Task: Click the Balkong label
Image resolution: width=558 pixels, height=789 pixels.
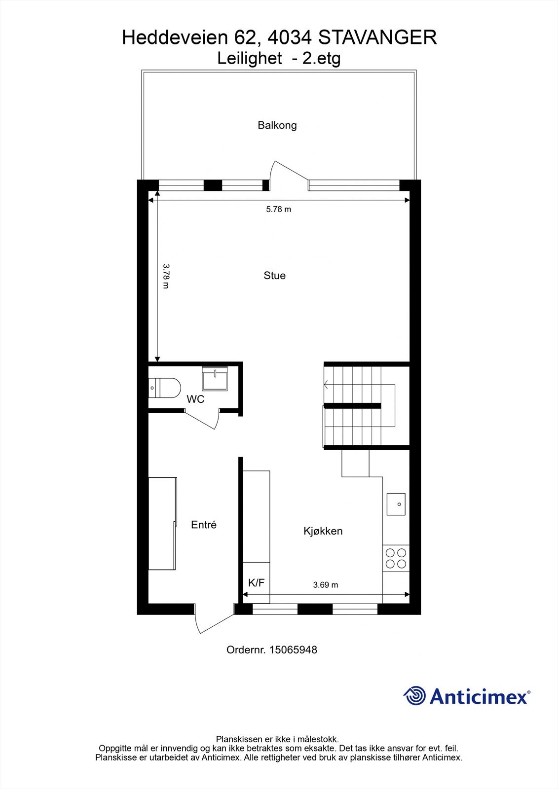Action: tap(277, 125)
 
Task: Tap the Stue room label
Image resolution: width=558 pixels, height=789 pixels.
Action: tap(274, 276)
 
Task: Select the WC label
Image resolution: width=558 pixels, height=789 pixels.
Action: tap(195, 399)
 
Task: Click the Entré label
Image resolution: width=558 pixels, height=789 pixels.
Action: tap(204, 525)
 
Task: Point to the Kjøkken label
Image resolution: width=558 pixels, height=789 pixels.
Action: tap(323, 531)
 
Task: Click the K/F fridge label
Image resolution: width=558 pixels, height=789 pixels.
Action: tap(256, 583)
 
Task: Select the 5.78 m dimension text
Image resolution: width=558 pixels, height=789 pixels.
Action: tap(279, 209)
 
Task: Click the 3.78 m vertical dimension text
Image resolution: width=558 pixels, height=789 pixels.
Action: tap(166, 276)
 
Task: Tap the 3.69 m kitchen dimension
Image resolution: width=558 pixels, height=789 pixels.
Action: tap(326, 585)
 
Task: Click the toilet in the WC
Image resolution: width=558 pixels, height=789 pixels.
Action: tap(165, 387)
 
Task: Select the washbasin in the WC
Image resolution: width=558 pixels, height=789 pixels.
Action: tap(215, 378)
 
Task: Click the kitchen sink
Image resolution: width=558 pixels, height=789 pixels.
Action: tap(396, 504)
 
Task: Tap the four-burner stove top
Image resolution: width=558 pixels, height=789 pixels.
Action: tap(396, 558)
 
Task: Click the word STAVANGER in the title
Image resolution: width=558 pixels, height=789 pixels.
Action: tap(378, 37)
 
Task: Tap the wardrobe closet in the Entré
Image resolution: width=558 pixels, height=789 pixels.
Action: tap(162, 523)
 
